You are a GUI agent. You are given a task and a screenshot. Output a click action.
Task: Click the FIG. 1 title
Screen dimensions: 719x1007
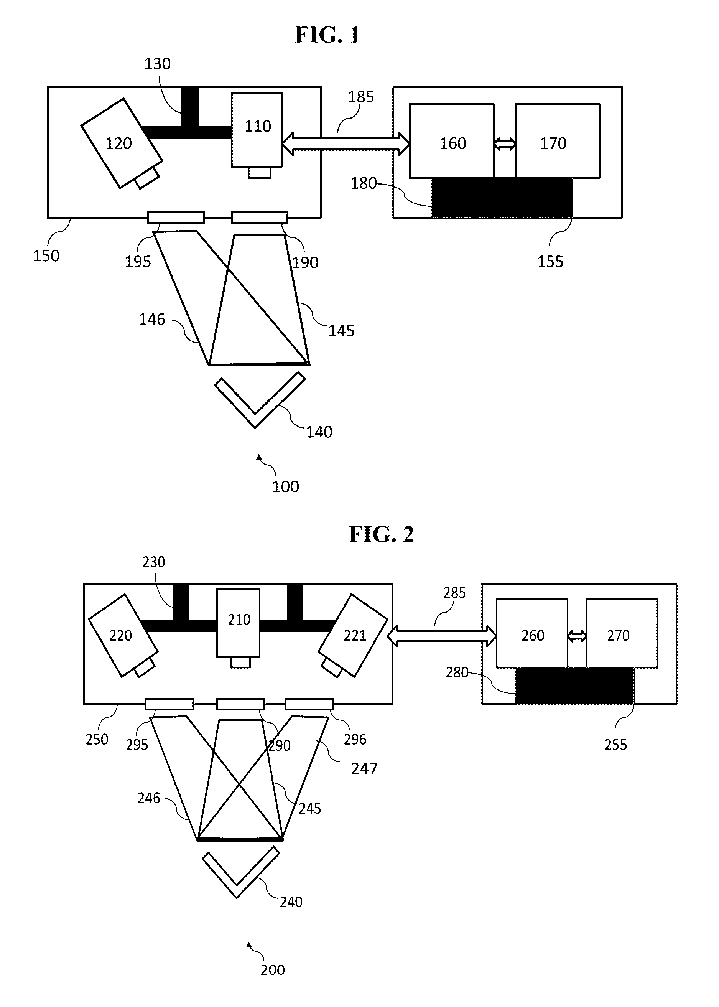coord(327,35)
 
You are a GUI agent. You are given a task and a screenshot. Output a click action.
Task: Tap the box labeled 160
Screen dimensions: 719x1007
coord(452,141)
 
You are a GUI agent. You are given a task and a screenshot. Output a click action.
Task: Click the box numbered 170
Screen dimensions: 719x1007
coord(558,141)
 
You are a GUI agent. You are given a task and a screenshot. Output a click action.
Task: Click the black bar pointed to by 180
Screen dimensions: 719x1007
coord(502,198)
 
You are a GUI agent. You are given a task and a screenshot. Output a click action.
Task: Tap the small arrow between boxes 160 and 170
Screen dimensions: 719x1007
coord(505,143)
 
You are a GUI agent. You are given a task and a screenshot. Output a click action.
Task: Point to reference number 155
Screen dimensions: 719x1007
coord(550,262)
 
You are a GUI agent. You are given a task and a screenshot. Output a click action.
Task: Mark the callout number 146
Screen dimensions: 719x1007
coord(152,319)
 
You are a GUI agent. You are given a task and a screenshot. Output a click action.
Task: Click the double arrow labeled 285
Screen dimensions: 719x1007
coord(441,636)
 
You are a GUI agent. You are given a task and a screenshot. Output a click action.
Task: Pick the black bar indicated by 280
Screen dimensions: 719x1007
coord(574,686)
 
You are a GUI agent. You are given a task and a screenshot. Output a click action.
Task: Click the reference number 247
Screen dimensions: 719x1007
coord(364,768)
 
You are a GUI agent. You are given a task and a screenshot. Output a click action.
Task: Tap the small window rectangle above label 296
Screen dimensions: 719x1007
coord(309,704)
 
